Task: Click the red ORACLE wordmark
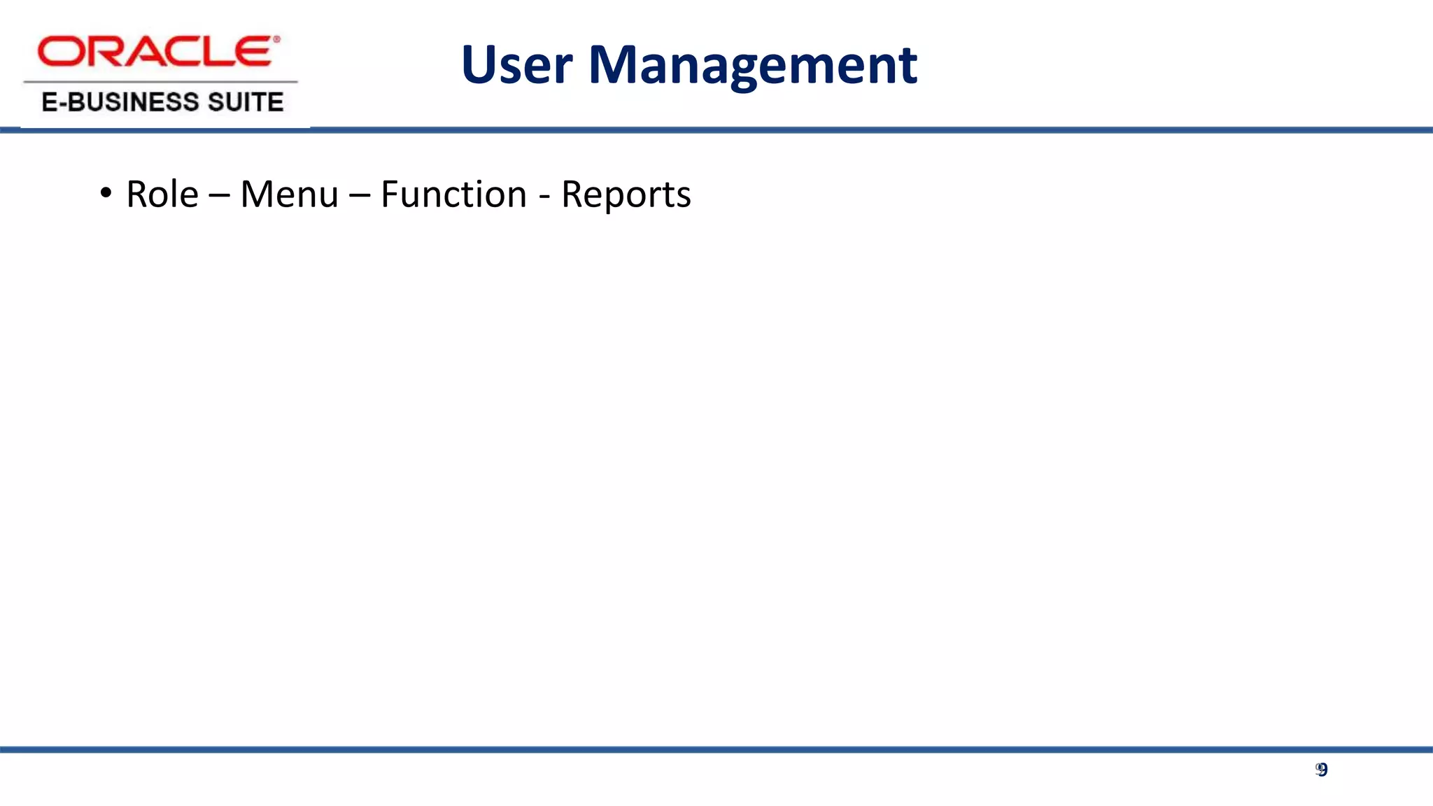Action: (x=154, y=52)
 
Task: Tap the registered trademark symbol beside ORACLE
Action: (x=276, y=40)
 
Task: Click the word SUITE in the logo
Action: (x=246, y=102)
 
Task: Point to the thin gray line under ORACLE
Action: (x=160, y=82)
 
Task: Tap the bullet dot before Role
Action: (x=106, y=192)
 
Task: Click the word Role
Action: (x=162, y=194)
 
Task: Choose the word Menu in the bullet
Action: (x=289, y=194)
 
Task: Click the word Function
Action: (x=453, y=194)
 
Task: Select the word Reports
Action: (x=626, y=195)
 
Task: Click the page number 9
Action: (x=1322, y=770)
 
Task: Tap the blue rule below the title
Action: (x=840, y=130)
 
